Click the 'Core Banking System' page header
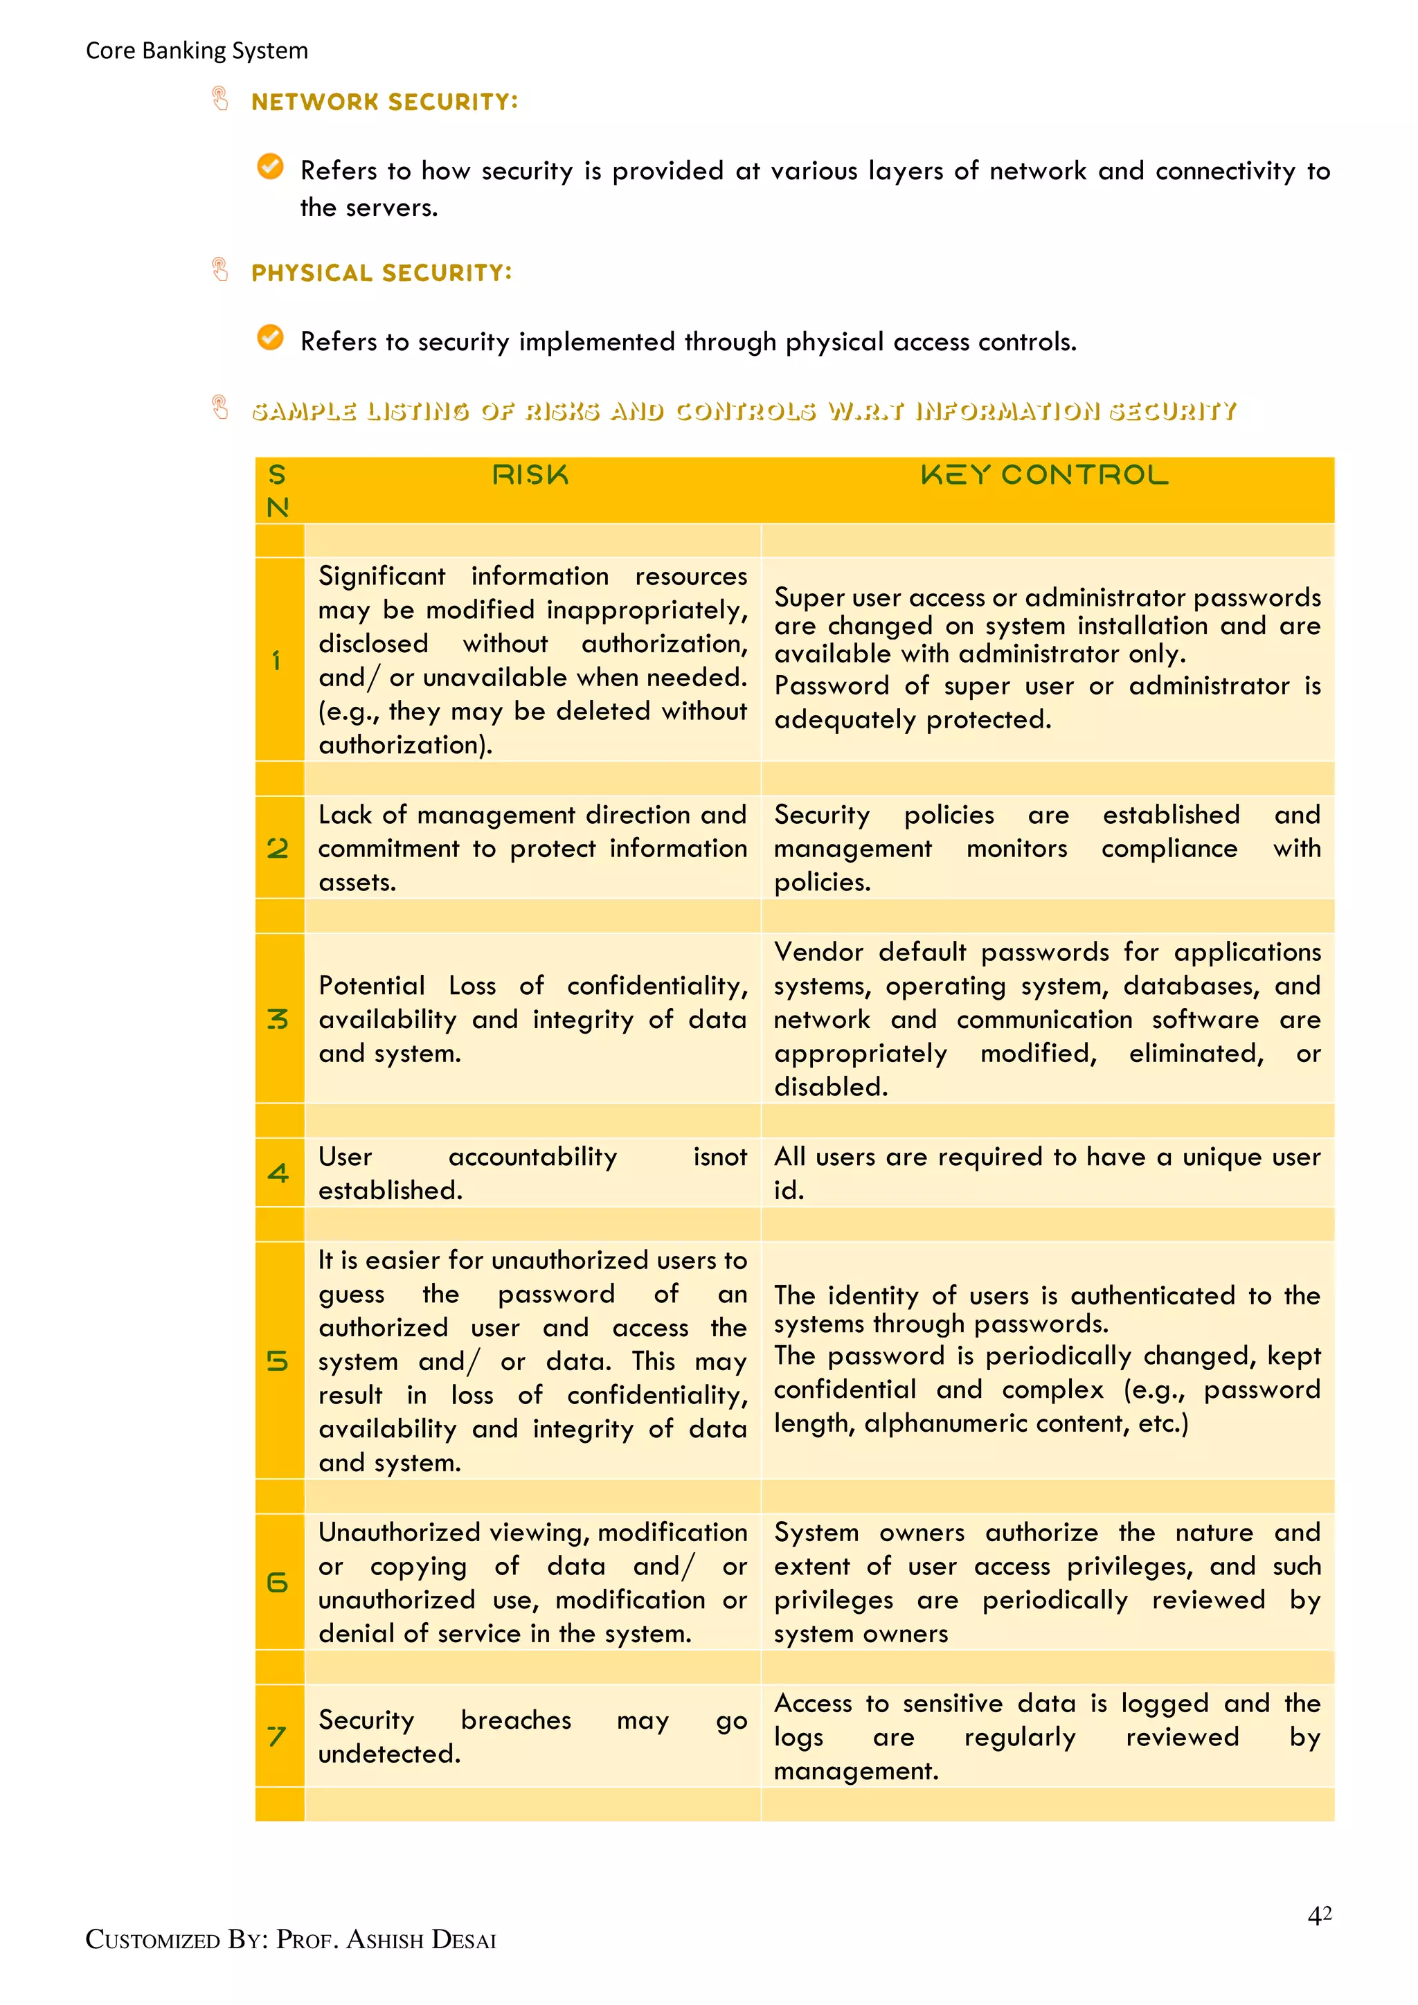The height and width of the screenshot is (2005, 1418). (x=197, y=51)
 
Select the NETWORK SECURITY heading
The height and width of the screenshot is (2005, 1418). (x=384, y=102)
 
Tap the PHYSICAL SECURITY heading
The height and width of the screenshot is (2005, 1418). (x=381, y=273)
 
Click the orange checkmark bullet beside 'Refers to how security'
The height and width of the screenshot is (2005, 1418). (x=271, y=166)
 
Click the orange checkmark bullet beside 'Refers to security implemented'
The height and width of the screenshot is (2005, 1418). (x=271, y=337)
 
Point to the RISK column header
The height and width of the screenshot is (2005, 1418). (x=530, y=475)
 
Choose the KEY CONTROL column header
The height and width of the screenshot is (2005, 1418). (x=1044, y=475)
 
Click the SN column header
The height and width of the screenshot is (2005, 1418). (x=278, y=491)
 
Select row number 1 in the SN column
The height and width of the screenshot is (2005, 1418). (x=277, y=661)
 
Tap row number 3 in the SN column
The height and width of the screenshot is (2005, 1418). (x=278, y=1019)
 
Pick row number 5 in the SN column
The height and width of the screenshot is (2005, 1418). (x=278, y=1361)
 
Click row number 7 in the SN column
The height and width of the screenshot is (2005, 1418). (x=277, y=1736)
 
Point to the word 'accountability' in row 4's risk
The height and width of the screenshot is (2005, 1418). (x=532, y=1157)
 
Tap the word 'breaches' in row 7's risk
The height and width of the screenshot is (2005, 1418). (x=516, y=1720)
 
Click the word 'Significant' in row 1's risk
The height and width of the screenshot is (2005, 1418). (x=382, y=576)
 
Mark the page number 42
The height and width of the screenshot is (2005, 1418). (x=1319, y=1915)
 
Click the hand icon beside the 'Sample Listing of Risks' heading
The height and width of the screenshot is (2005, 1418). (x=220, y=407)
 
